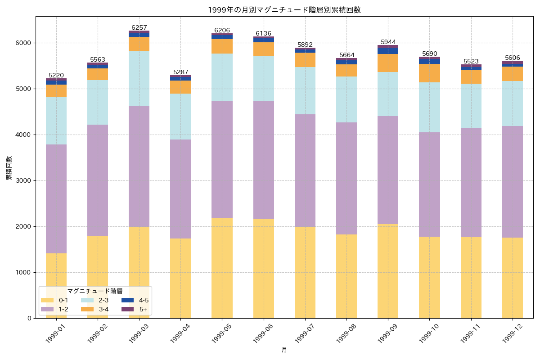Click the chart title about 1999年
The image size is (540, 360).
[x=284, y=10]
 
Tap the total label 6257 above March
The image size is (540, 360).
[x=139, y=28]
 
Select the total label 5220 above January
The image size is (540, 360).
[x=56, y=75]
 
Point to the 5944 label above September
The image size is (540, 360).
[x=388, y=42]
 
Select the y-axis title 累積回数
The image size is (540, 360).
[x=9, y=168]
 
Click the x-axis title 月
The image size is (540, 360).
[x=284, y=350]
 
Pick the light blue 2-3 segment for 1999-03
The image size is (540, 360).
[x=139, y=78]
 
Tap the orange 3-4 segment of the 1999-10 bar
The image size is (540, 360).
[x=429, y=73]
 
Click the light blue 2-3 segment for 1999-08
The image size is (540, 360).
[x=346, y=99]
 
